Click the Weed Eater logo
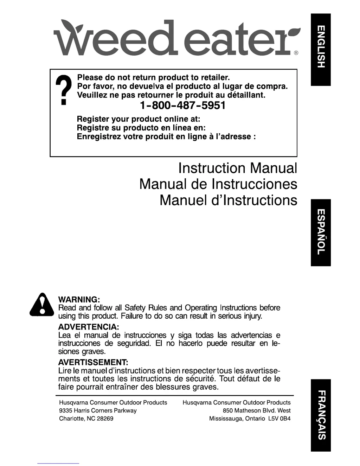pos(176,38)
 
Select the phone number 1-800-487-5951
pos(182,106)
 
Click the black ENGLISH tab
pos(321,50)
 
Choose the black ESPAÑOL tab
pos(321,232)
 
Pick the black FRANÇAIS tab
pos(321,415)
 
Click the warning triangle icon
pos(42,305)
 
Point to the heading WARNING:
pos(79,300)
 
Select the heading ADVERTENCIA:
pos(89,327)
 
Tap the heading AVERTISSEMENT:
pos(93,362)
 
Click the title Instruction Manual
pos(238,168)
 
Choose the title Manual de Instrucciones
pos(218,184)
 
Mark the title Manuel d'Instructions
pos(228,200)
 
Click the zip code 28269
pos(105,419)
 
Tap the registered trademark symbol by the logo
pos(296,53)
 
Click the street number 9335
pos(66,410)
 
